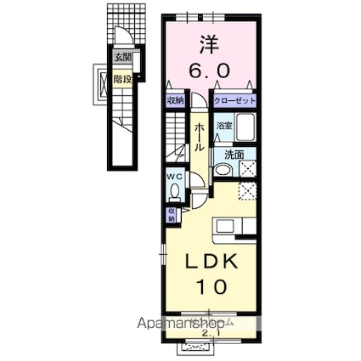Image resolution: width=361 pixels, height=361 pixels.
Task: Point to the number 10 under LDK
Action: click(x=212, y=286)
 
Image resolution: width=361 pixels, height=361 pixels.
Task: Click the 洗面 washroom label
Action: click(x=234, y=155)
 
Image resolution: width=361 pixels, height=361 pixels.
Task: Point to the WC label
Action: click(x=174, y=177)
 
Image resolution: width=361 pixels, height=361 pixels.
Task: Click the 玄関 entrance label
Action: click(x=124, y=58)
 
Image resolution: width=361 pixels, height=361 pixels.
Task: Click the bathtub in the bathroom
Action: click(x=245, y=130)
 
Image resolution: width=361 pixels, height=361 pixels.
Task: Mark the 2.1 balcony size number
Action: click(x=208, y=332)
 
